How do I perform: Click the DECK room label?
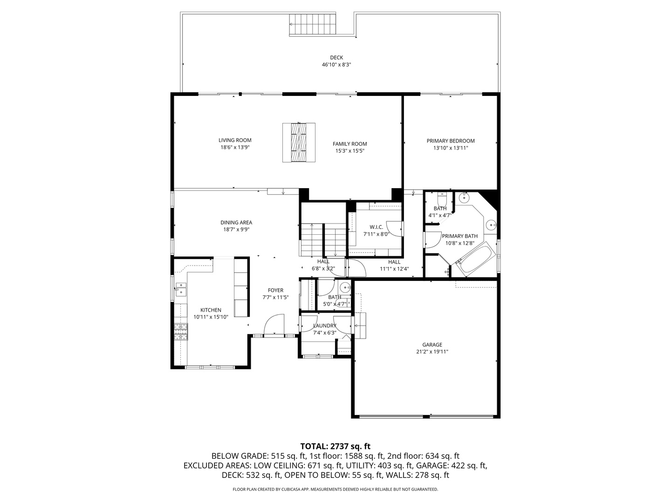coord(336,58)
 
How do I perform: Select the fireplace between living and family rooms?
coord(299,143)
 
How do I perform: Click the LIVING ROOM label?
coord(235,140)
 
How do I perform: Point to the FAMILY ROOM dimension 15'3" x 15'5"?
coord(349,151)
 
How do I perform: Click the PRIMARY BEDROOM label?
coord(450,141)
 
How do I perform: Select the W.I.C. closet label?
coord(376,227)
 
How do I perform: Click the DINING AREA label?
coord(236,223)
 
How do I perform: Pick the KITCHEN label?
coord(211,310)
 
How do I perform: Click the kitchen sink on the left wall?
coord(180,289)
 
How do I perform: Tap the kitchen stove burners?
coord(181,331)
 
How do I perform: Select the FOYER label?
coord(275,290)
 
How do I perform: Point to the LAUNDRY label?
coord(324,326)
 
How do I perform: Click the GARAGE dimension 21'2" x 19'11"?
coord(432,352)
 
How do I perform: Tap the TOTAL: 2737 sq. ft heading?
coord(335,446)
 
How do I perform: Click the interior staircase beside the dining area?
coord(323,239)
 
